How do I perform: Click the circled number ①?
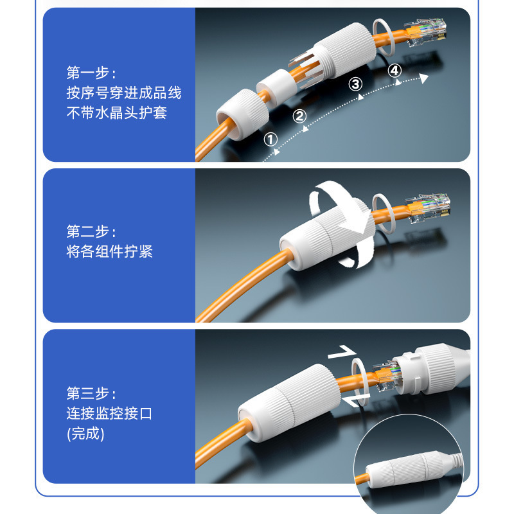270,139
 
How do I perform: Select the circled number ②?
299,116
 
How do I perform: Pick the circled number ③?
355,84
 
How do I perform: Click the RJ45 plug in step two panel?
428,207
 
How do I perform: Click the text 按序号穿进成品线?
123,93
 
